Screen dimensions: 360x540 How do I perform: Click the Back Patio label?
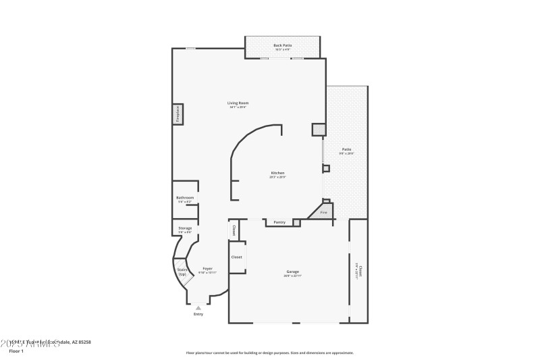pos(283,45)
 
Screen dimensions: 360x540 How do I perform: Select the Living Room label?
pos(239,103)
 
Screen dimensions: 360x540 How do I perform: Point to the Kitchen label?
pos(278,173)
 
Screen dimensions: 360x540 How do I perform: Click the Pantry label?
pos(279,222)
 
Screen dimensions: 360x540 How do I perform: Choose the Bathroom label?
pos(185,197)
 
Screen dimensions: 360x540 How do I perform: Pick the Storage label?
pos(185,228)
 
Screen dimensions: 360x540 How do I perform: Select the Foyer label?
pos(208,268)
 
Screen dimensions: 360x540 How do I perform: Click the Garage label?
pos(292,272)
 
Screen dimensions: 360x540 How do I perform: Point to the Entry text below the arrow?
pos(198,314)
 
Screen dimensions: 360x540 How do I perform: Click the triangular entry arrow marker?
pos(198,308)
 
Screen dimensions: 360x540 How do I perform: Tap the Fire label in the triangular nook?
pos(323,213)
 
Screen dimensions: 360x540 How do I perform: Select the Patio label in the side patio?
pos(346,149)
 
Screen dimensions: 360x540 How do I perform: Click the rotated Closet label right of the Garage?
pos(360,270)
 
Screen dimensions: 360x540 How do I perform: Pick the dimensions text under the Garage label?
pos(292,276)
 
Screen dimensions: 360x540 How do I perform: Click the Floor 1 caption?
pos(16,351)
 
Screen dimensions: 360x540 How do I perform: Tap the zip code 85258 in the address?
pos(84,342)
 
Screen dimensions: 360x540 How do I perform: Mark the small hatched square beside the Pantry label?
pos(296,222)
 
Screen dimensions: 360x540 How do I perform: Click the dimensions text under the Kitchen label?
pos(278,177)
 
